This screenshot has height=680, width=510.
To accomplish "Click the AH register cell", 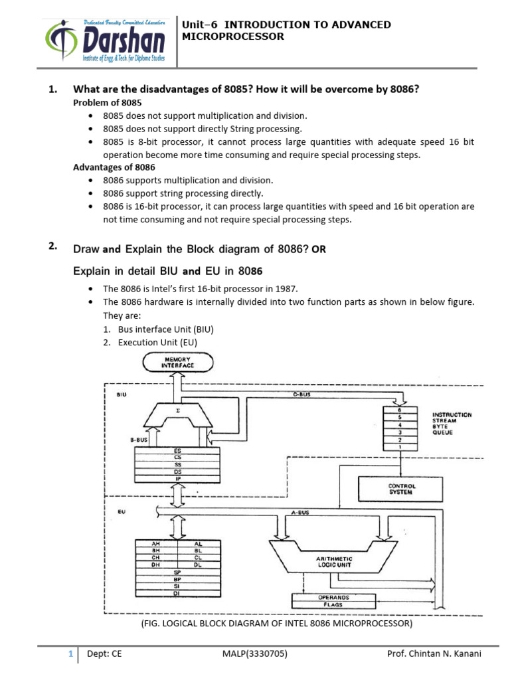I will click(x=156, y=543).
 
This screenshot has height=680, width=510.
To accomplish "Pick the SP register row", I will click(x=177, y=572).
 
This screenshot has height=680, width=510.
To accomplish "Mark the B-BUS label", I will click(x=137, y=439).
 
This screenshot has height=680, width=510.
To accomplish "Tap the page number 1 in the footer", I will click(x=70, y=654).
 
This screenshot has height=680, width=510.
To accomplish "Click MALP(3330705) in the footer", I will click(x=255, y=654).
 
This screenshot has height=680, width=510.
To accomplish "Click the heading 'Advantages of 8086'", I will click(x=114, y=167).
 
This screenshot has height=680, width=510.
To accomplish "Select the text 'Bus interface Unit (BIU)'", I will click(x=165, y=329).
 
